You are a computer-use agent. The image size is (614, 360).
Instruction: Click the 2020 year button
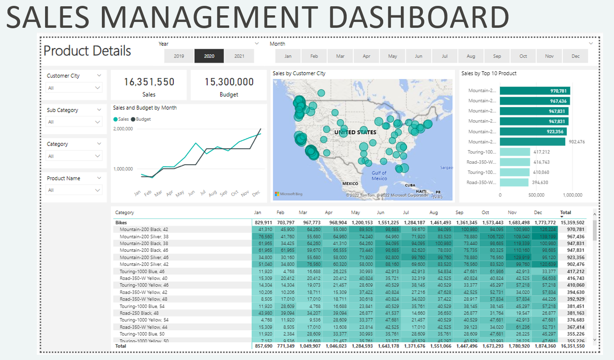point(209,56)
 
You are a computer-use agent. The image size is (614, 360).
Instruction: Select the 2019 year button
point(179,56)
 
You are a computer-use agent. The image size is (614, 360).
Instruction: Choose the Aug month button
point(471,56)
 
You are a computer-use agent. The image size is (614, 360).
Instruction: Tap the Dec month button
point(575,56)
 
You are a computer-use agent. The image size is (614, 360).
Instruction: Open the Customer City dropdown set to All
point(74,88)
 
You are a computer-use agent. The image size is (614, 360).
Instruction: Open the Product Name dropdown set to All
point(74,190)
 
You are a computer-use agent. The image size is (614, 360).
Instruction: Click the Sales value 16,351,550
point(149,82)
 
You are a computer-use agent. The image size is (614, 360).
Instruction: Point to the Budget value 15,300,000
point(229,82)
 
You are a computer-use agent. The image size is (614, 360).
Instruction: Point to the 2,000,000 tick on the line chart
point(123,129)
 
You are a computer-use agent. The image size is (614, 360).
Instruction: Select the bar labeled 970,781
point(535,91)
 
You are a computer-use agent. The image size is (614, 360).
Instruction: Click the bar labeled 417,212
point(515,152)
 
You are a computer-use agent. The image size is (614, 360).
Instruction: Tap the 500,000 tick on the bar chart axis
point(536,195)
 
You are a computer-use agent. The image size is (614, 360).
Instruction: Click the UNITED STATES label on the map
point(355,132)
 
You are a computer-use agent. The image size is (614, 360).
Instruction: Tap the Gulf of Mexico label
point(379,175)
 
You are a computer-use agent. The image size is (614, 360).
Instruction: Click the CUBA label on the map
point(410,185)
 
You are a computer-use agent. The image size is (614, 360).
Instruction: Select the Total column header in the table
point(565,212)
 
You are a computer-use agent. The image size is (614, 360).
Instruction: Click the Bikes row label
point(121,223)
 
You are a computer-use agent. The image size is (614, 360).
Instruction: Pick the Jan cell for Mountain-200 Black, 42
point(265,230)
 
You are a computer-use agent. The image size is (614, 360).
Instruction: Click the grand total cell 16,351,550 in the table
point(572,346)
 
